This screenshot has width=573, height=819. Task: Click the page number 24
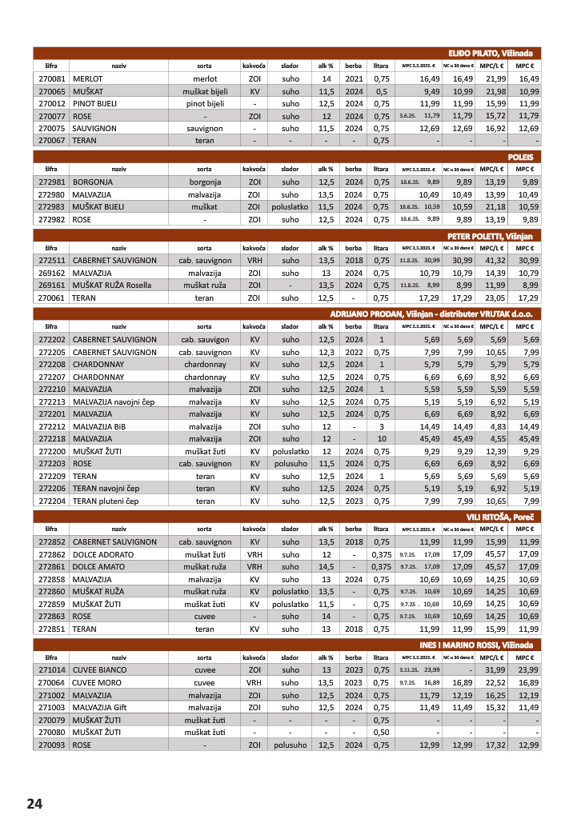pos(34,803)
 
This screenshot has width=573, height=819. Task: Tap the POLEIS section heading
pos(520,157)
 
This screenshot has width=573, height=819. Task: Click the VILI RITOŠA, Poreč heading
pos(500,517)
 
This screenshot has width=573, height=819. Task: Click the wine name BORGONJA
pos(92,182)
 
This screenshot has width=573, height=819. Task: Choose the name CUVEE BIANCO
pos(99,669)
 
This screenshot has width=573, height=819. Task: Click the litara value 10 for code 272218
pos(382,439)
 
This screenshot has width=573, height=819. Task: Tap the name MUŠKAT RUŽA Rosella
pos(114,285)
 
